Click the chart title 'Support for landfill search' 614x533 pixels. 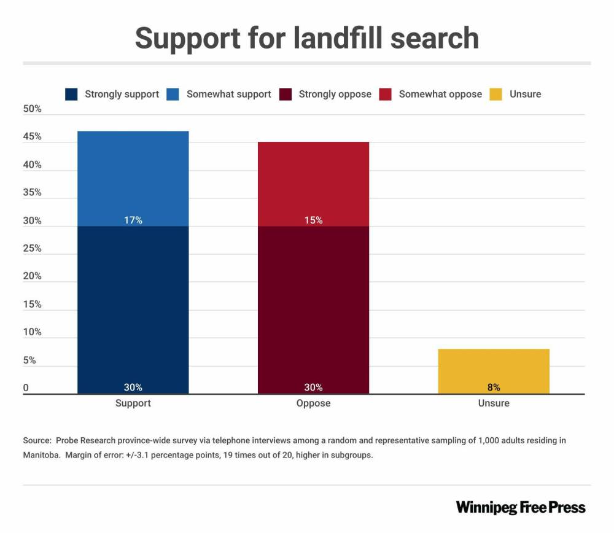point(306,38)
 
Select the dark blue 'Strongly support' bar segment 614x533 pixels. point(133,307)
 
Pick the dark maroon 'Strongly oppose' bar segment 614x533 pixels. point(313,307)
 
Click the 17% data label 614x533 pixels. point(133,220)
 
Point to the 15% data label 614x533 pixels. point(313,220)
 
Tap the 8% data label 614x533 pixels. point(494,387)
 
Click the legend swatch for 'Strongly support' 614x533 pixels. point(71,95)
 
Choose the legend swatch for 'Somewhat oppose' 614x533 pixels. point(385,95)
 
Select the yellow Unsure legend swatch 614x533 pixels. point(495,95)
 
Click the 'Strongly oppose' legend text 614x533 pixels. point(335,95)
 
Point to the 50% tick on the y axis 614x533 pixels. point(32,109)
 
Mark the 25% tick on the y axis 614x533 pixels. point(32,249)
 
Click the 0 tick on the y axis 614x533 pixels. point(26,388)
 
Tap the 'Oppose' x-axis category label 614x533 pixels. point(313,403)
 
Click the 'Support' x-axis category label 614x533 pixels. point(133,403)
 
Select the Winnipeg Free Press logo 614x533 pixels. point(521,507)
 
